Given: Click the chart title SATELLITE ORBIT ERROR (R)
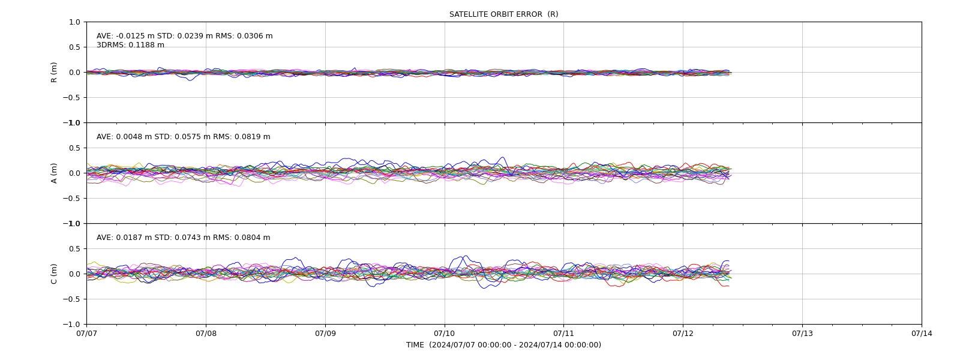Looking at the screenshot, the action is click(x=503, y=14).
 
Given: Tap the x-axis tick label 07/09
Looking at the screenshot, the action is click(x=325, y=334).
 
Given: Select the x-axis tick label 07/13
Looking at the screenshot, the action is click(x=802, y=334).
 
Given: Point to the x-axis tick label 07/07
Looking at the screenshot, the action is click(x=86, y=334).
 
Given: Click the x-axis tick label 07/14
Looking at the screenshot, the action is click(x=922, y=334).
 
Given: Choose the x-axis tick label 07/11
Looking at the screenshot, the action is click(x=563, y=334).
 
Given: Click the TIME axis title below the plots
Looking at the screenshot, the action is click(x=503, y=345).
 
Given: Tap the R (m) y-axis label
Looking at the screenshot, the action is click(x=53, y=73).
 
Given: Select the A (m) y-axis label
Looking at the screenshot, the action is click(x=53, y=173).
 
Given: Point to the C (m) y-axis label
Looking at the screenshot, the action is click(x=53, y=274).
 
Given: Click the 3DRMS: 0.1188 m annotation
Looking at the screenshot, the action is click(x=130, y=45).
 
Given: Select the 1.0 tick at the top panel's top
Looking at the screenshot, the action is click(x=74, y=22).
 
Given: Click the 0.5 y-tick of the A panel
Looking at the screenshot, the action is click(x=74, y=148).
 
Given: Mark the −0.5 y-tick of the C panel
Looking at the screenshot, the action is click(x=71, y=299).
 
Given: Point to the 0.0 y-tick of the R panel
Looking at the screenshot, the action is click(x=74, y=73).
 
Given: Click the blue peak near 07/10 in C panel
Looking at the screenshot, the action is click(x=466, y=256).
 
